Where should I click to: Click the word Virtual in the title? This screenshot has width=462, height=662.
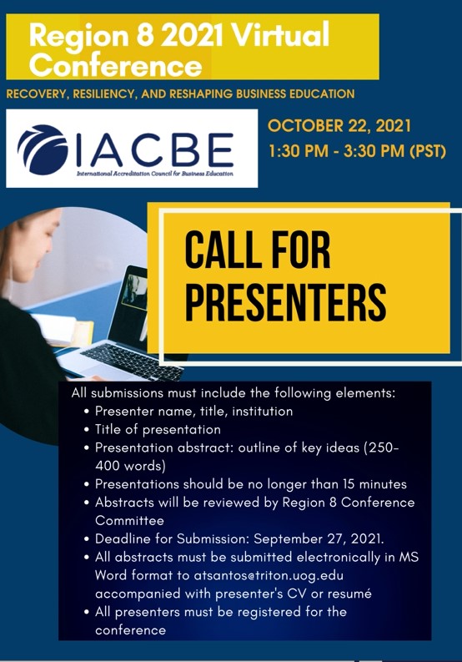(280, 35)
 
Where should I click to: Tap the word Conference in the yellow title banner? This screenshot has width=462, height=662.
(115, 66)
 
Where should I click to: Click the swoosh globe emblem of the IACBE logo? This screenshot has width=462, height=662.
(43, 149)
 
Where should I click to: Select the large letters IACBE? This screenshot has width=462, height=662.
(155, 149)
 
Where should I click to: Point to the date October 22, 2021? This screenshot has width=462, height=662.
(339, 126)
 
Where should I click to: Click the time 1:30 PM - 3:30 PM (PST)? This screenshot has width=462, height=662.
(358, 151)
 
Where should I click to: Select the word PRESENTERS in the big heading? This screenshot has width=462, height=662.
(286, 301)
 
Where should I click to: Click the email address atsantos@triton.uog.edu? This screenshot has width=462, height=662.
(269, 575)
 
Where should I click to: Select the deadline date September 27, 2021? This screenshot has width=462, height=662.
(319, 539)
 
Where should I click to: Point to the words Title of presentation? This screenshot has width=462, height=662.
(158, 429)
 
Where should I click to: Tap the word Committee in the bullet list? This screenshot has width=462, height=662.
(129, 521)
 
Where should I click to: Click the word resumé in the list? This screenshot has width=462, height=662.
(349, 594)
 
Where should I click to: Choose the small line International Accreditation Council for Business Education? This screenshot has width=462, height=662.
(154, 174)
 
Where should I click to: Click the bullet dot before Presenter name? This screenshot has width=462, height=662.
(87, 412)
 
